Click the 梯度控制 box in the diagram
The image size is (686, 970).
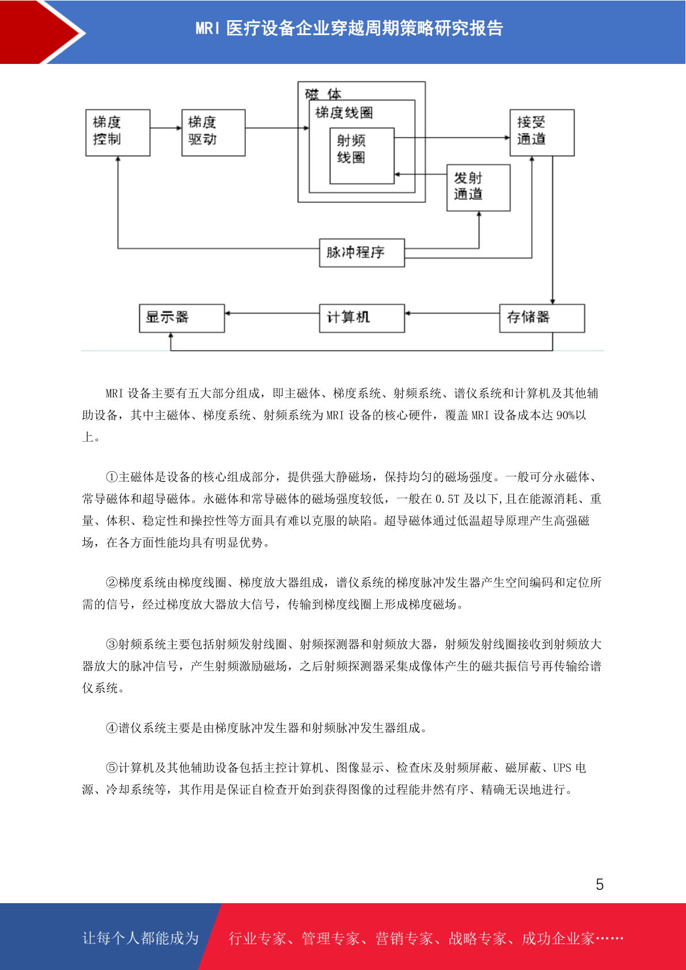click(x=118, y=132)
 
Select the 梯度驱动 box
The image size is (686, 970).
click(x=214, y=132)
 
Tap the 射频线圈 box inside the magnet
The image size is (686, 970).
click(x=362, y=156)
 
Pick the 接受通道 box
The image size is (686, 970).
click(x=542, y=132)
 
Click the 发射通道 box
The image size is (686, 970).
click(x=479, y=188)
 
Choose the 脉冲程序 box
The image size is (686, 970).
click(x=362, y=253)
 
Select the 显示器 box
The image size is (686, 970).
click(x=182, y=319)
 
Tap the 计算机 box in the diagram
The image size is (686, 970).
click(x=362, y=319)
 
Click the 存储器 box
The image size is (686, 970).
click(x=542, y=319)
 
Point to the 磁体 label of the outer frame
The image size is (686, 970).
click(x=323, y=94)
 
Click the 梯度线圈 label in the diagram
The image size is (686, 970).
click(x=344, y=113)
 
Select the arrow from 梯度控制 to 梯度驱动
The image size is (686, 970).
click(x=166, y=128)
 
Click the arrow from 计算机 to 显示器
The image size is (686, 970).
click(x=272, y=313)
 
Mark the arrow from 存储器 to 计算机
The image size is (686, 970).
click(x=452, y=313)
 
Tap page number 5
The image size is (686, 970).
click(x=600, y=884)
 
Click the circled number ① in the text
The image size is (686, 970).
click(x=112, y=477)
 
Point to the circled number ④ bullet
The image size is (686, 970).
click(x=112, y=728)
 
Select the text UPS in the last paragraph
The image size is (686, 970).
click(x=563, y=768)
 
